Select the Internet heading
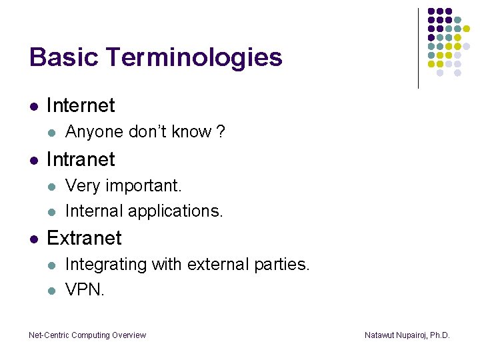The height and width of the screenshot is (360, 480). pyautogui.click(x=81, y=105)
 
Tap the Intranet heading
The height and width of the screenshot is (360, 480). pyautogui.click(x=81, y=159)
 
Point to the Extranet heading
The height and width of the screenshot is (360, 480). pyautogui.click(x=84, y=238)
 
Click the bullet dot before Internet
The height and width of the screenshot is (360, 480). pyautogui.click(x=33, y=106)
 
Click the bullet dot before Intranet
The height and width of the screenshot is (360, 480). pyautogui.click(x=33, y=160)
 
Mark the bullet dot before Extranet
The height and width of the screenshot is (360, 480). pyautogui.click(x=33, y=239)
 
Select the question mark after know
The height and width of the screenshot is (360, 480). pyautogui.click(x=221, y=132)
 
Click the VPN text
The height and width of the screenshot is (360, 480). pyautogui.click(x=85, y=291)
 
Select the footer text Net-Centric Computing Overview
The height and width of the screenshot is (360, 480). pyautogui.click(x=87, y=335)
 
